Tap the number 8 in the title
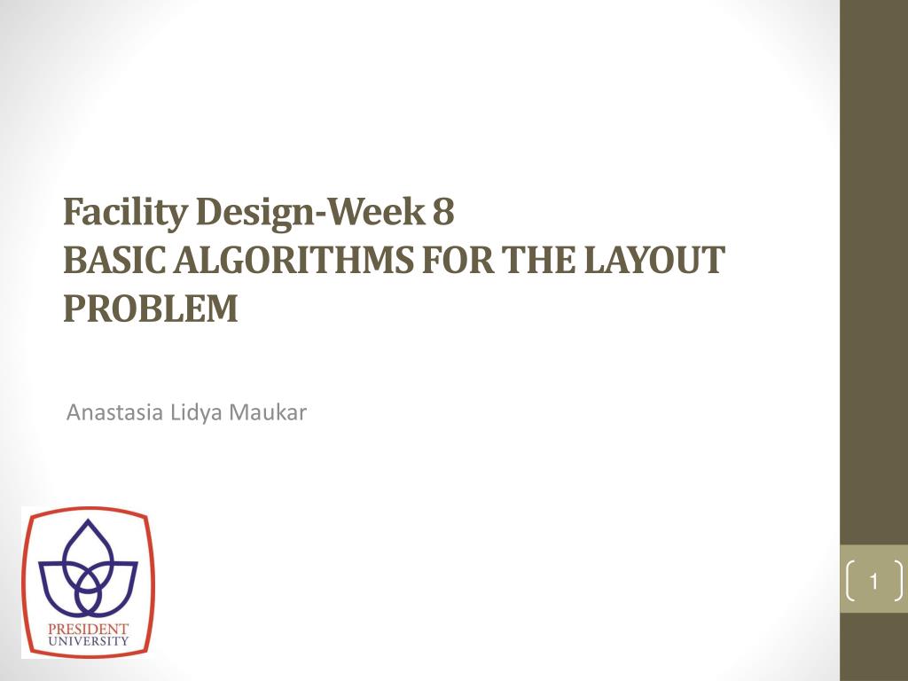(x=444, y=214)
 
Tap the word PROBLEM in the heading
(x=151, y=308)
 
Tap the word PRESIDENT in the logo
(x=88, y=628)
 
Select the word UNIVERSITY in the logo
(x=88, y=639)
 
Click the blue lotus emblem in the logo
(x=88, y=572)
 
